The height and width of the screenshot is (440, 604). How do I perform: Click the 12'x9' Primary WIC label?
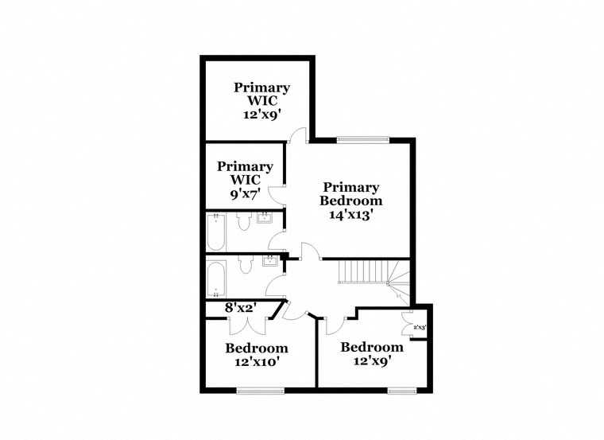261,100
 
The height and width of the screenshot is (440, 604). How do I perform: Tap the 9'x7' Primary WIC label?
246,180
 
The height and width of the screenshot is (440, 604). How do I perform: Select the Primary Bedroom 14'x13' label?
350,201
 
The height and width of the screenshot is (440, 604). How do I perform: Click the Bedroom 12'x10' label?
256,354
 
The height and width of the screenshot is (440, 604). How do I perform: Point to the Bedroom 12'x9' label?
371,353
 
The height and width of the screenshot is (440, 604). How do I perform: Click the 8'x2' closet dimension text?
239,307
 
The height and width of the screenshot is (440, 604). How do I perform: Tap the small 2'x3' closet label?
420,327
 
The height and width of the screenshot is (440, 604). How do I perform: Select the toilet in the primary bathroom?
243,224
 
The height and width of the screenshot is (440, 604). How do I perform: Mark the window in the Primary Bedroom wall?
362,140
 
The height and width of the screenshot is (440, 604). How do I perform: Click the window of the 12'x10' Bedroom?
260,389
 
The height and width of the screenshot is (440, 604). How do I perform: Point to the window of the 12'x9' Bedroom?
401,389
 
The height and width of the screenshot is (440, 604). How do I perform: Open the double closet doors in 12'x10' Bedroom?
242,324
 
